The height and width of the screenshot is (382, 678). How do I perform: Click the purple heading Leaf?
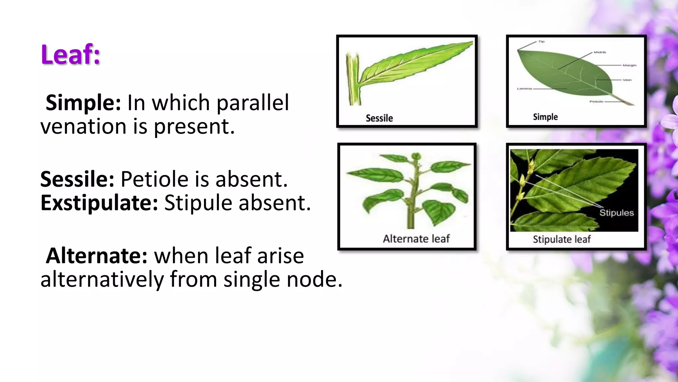(x=71, y=55)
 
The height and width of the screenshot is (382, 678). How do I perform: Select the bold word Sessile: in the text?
(x=77, y=179)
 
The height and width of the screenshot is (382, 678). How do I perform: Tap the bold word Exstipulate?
(x=99, y=203)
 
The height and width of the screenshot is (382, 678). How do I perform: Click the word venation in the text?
(x=83, y=127)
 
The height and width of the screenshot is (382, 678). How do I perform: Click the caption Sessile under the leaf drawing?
(x=379, y=118)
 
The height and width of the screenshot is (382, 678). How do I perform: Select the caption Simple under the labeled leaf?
(x=545, y=117)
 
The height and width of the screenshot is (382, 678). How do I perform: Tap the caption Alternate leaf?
(x=416, y=239)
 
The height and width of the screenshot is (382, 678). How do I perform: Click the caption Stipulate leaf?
(x=561, y=239)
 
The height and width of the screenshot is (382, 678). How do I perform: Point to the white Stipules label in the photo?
(x=616, y=213)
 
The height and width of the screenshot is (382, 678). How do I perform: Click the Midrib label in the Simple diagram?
(x=600, y=52)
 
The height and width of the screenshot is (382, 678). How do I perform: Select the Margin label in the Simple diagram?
(x=629, y=65)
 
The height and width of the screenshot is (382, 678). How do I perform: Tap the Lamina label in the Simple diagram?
(x=524, y=89)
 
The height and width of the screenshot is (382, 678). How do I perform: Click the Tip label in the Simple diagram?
(x=541, y=42)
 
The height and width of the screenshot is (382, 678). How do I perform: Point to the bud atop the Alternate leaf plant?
(x=416, y=156)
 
